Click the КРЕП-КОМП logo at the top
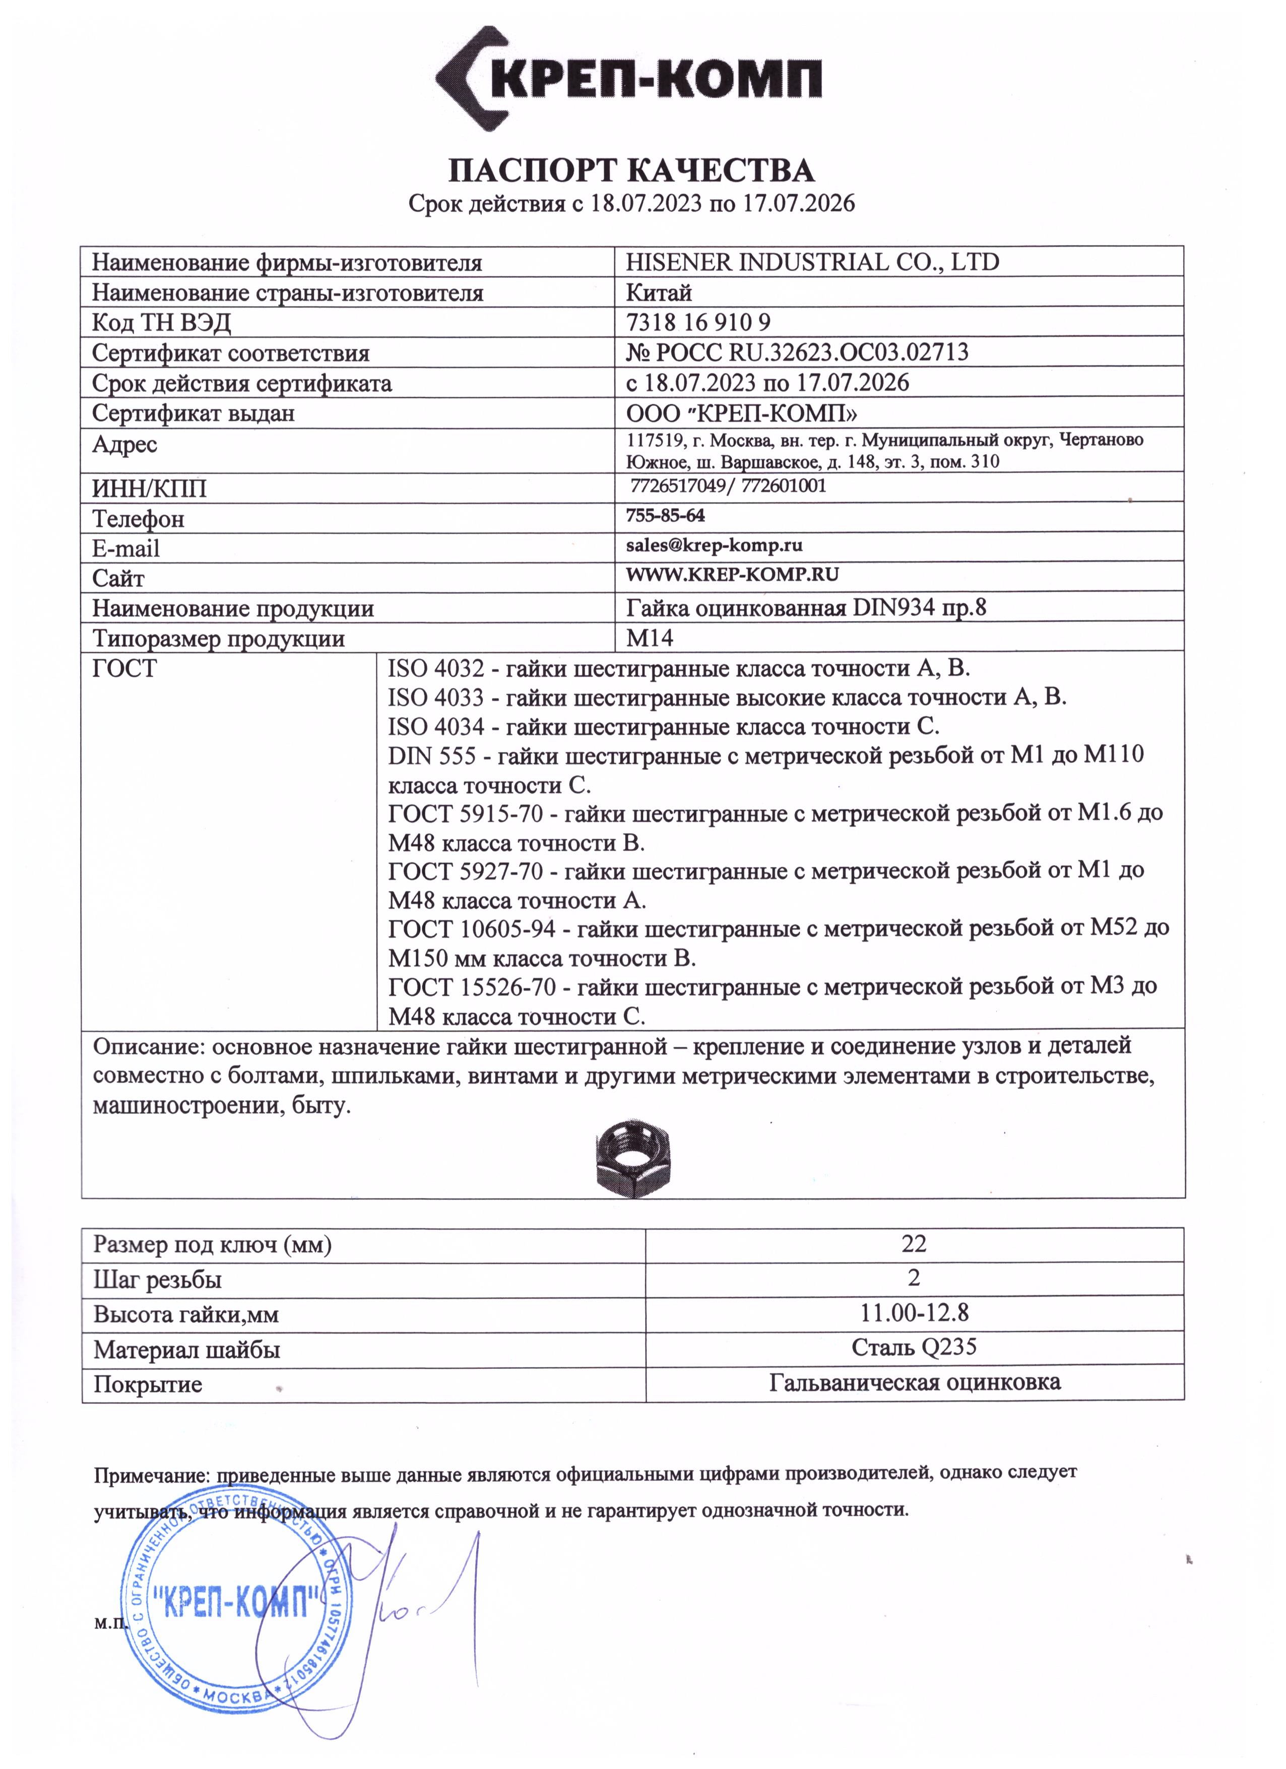point(628,78)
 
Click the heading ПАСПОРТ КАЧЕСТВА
point(632,170)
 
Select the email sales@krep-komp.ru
point(715,545)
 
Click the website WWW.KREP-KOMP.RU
point(732,575)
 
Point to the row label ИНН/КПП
point(150,489)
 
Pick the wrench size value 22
point(914,1244)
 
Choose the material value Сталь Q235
point(914,1348)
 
